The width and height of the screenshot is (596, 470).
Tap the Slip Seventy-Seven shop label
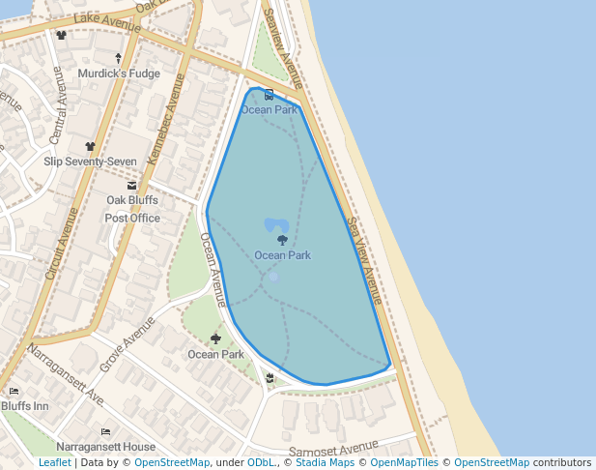click(x=90, y=162)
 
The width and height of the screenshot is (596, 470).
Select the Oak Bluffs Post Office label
click(x=132, y=209)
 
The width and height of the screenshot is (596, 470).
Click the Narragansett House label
click(x=105, y=447)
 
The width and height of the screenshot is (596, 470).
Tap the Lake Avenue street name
click(x=99, y=21)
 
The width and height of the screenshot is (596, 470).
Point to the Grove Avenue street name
click(x=127, y=343)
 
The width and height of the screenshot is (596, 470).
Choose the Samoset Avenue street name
click(x=334, y=449)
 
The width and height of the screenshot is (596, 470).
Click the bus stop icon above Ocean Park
click(x=269, y=96)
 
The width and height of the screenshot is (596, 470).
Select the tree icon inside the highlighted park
click(x=282, y=240)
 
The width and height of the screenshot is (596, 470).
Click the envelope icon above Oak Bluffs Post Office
click(x=132, y=185)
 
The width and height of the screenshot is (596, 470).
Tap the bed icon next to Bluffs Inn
click(x=14, y=392)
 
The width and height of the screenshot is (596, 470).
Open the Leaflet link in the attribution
click(x=54, y=463)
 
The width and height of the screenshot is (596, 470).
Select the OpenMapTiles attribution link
click(x=402, y=463)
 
